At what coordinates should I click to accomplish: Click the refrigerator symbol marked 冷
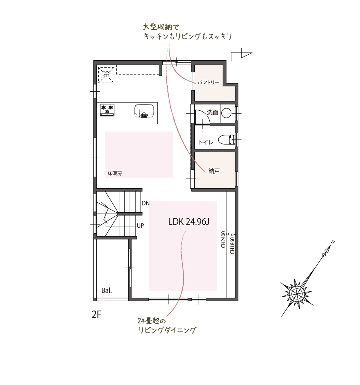click(x=106, y=75)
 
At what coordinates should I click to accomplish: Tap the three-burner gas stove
click(x=107, y=110)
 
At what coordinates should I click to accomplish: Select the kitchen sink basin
click(x=144, y=111)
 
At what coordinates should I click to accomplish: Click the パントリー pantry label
click(x=208, y=83)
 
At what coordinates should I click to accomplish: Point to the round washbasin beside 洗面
click(x=226, y=113)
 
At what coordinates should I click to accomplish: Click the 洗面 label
click(x=213, y=112)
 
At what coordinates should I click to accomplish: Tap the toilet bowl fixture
click(x=226, y=140)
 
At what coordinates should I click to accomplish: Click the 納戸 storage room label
click(x=214, y=171)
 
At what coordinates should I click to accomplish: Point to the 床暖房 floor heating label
click(x=115, y=174)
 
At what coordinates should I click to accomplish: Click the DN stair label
click(x=145, y=203)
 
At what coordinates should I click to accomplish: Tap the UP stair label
click(x=140, y=226)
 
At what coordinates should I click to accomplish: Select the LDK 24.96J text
click(x=189, y=222)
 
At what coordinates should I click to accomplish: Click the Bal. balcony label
click(x=107, y=290)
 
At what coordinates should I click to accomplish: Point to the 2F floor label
click(x=96, y=315)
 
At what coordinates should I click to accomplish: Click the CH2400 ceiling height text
click(x=223, y=239)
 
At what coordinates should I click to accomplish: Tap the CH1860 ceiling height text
click(x=232, y=245)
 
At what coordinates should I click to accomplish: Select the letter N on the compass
click(x=333, y=242)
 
